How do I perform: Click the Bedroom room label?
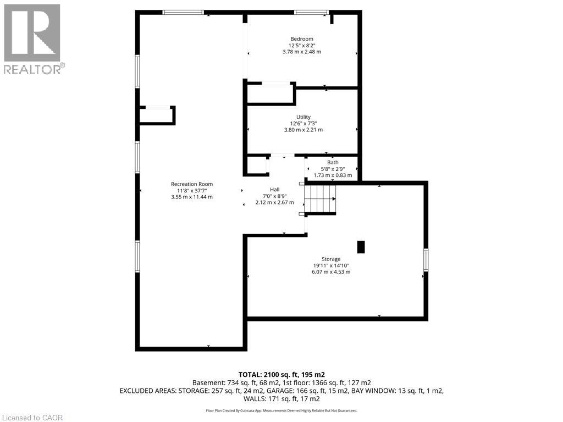[x=302, y=39]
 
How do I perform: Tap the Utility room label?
[x=303, y=117]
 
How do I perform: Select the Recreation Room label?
[x=192, y=184]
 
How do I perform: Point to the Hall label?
[x=275, y=190]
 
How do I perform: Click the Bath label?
[x=333, y=163]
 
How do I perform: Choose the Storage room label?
[x=331, y=259]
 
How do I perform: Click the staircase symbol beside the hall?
[x=320, y=199]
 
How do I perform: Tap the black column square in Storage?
[x=361, y=247]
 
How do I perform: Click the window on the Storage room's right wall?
[x=426, y=260]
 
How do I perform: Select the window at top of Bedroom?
[x=311, y=13]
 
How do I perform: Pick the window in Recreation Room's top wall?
[x=183, y=13]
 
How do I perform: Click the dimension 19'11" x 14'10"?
[x=331, y=265]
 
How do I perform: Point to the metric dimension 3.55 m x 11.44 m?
[x=192, y=197]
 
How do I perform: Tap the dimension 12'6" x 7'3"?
[x=303, y=124]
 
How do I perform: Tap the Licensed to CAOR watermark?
[x=32, y=418]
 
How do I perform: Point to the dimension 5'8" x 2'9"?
[x=333, y=169]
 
